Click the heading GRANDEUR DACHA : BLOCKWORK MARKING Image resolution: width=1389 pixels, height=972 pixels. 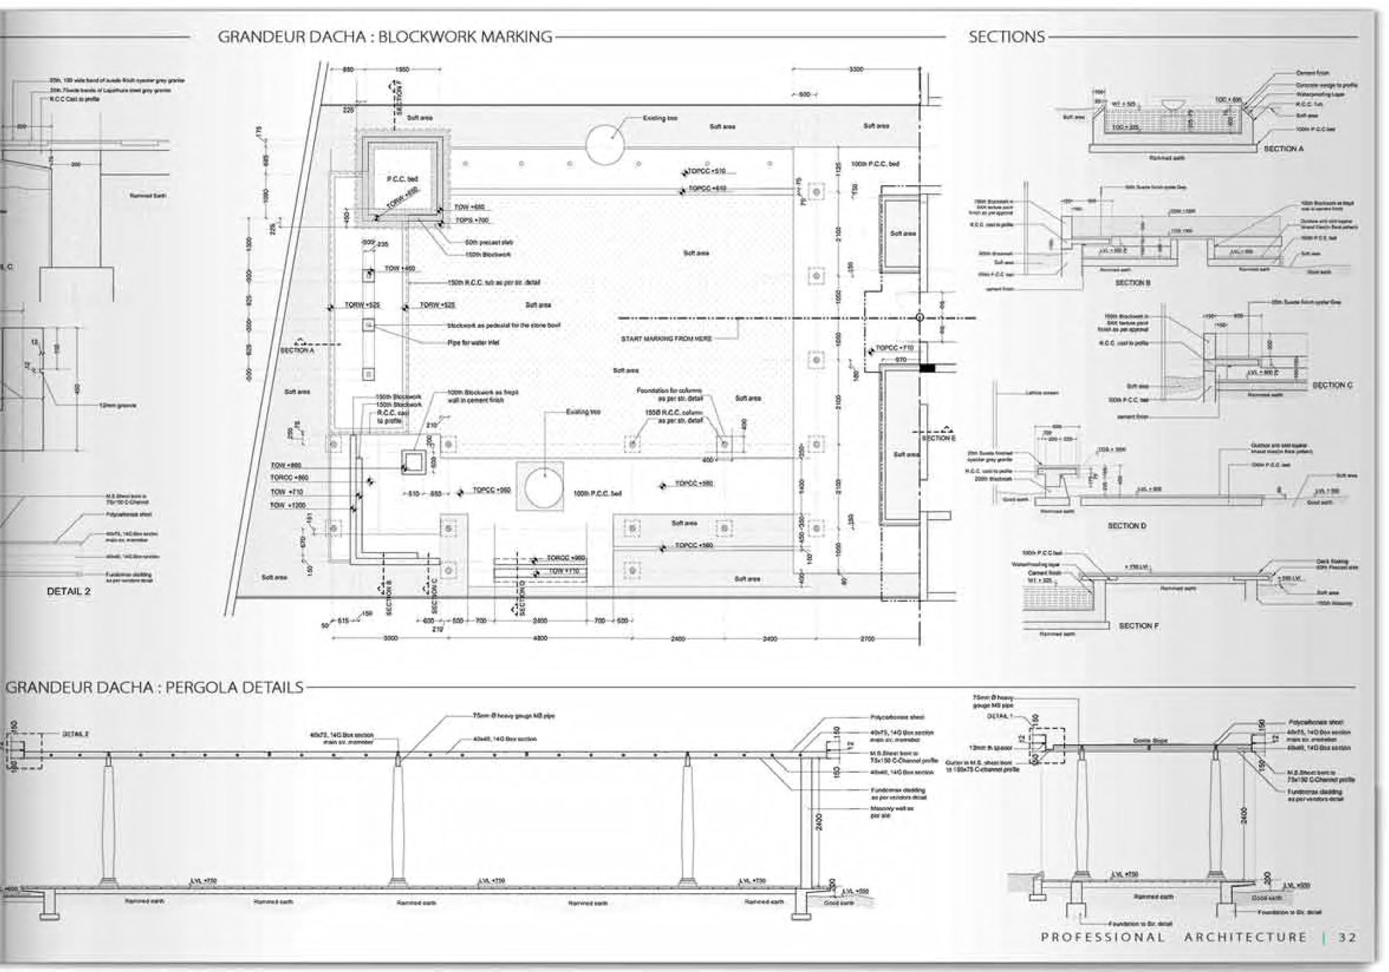(385, 37)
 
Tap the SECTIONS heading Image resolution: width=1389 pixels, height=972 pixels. (1006, 37)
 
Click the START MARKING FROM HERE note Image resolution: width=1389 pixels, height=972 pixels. (666, 339)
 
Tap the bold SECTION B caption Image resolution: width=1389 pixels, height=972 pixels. (1132, 283)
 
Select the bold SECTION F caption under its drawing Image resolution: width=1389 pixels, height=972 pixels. (1138, 626)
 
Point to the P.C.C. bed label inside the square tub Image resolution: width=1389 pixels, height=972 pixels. (402, 179)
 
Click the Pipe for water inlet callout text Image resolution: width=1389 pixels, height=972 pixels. (473, 342)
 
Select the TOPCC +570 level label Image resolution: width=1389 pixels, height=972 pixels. (707, 172)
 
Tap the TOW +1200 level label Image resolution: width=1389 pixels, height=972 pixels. (288, 505)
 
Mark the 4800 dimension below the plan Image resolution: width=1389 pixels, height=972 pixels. (540, 638)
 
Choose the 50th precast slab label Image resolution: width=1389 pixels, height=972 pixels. (489, 242)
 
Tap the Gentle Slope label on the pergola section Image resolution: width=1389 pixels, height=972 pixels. (1150, 740)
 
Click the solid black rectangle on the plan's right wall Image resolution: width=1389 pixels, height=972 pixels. (927, 367)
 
